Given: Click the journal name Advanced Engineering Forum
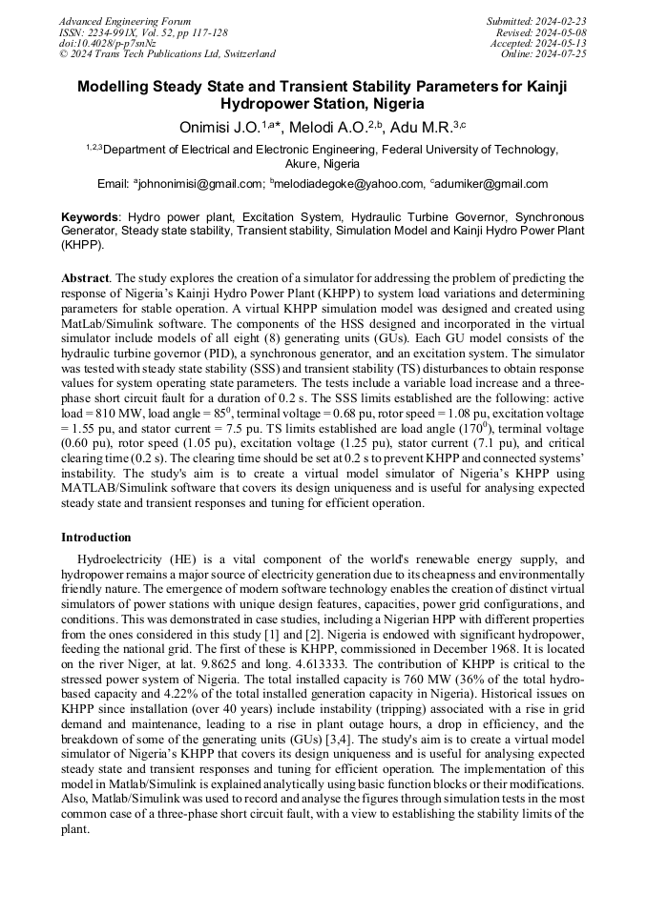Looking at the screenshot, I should [x=125, y=21].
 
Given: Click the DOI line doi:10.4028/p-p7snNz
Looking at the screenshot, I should [x=108, y=43].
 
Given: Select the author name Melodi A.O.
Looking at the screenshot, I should [x=322, y=127].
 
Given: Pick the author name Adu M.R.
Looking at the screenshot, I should [x=419, y=127].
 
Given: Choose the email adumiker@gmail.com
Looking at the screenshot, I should [x=492, y=184].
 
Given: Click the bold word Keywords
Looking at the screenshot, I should [x=91, y=217].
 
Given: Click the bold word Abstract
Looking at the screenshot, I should [x=85, y=278].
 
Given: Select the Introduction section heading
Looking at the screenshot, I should [x=96, y=538].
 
